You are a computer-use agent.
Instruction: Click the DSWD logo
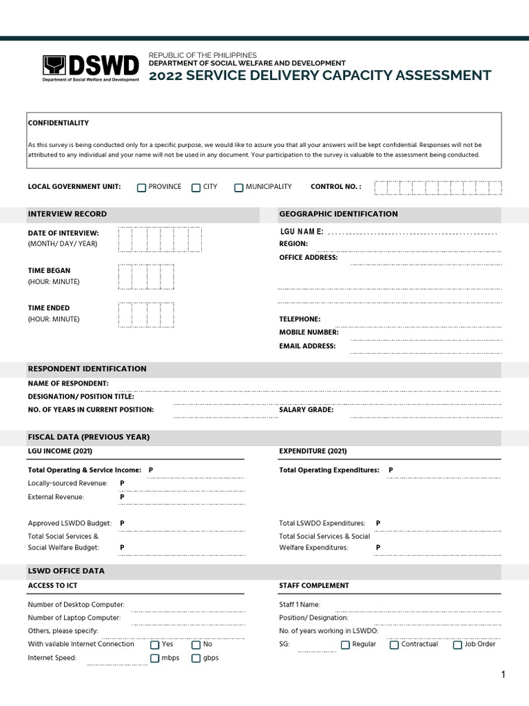91,68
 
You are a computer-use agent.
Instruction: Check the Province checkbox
142,188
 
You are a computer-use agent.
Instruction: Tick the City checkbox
196,188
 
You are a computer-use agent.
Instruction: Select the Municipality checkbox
238,188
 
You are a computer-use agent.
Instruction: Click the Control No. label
335,187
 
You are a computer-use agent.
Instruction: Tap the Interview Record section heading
67,214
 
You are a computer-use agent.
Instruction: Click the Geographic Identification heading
338,214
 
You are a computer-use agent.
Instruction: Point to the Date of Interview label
63,233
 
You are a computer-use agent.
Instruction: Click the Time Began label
48,270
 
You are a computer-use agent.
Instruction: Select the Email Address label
307,346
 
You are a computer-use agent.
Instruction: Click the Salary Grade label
306,410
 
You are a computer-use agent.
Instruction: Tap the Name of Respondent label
68,383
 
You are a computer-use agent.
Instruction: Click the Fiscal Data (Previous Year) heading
88,437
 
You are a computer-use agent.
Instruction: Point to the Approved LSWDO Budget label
71,523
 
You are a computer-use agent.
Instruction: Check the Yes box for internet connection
155,645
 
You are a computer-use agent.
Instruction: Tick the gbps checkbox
196,658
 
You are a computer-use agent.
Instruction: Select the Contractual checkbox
394,645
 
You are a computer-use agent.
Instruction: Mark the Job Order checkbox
457,645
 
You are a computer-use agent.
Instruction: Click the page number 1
503,675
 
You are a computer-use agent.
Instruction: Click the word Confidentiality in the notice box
58,123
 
